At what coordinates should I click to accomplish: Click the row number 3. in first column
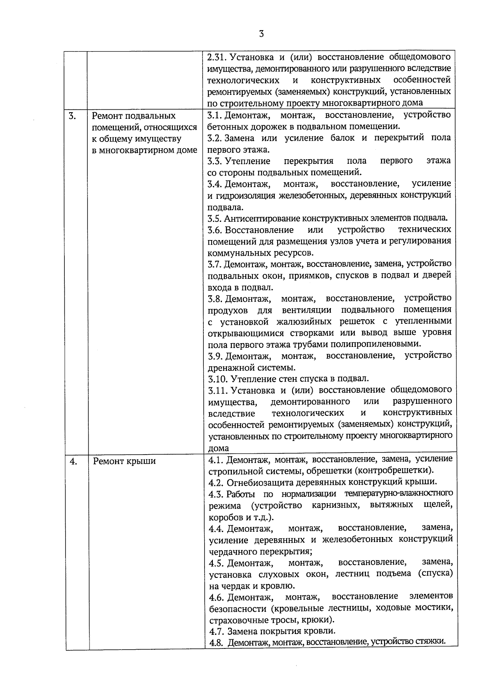point(72,116)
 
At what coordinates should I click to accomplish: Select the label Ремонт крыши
point(124,461)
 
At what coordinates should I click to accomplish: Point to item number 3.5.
point(215,218)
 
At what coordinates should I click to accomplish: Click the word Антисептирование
point(262,218)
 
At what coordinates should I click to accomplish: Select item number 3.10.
point(217,378)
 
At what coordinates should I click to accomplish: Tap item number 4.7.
point(217,631)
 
